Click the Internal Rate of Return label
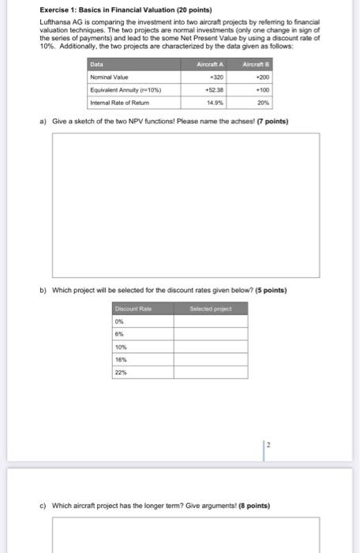[x=121, y=102]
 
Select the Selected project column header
[x=209, y=308]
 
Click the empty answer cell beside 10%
[x=210, y=346]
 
